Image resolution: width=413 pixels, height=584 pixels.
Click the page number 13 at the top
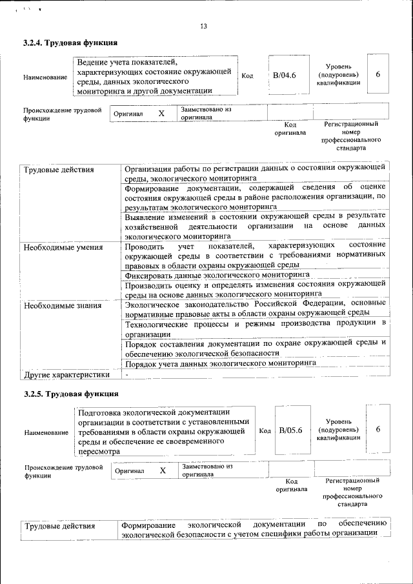point(204,26)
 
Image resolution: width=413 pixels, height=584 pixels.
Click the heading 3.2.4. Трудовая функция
point(70,43)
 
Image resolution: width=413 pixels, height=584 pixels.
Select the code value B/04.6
point(284,76)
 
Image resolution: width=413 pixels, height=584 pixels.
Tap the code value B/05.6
point(290,430)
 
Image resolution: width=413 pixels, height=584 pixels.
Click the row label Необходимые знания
point(56,305)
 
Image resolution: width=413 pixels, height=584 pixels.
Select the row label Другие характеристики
point(66,374)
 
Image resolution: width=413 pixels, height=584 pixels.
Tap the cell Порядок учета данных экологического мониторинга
point(221,363)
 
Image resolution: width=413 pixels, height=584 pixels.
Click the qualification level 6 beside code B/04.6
point(378,75)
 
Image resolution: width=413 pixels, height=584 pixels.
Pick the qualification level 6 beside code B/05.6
point(378,429)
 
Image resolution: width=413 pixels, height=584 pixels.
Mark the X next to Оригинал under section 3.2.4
point(161,114)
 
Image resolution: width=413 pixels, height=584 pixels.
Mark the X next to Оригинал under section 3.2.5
point(163,470)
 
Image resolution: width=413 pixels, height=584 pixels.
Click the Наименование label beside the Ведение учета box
point(45,77)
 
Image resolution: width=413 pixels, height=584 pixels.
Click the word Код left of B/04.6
point(247,76)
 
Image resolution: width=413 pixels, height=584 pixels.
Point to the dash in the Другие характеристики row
point(127,374)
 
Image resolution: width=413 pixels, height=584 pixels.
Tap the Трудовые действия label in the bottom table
point(59,526)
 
